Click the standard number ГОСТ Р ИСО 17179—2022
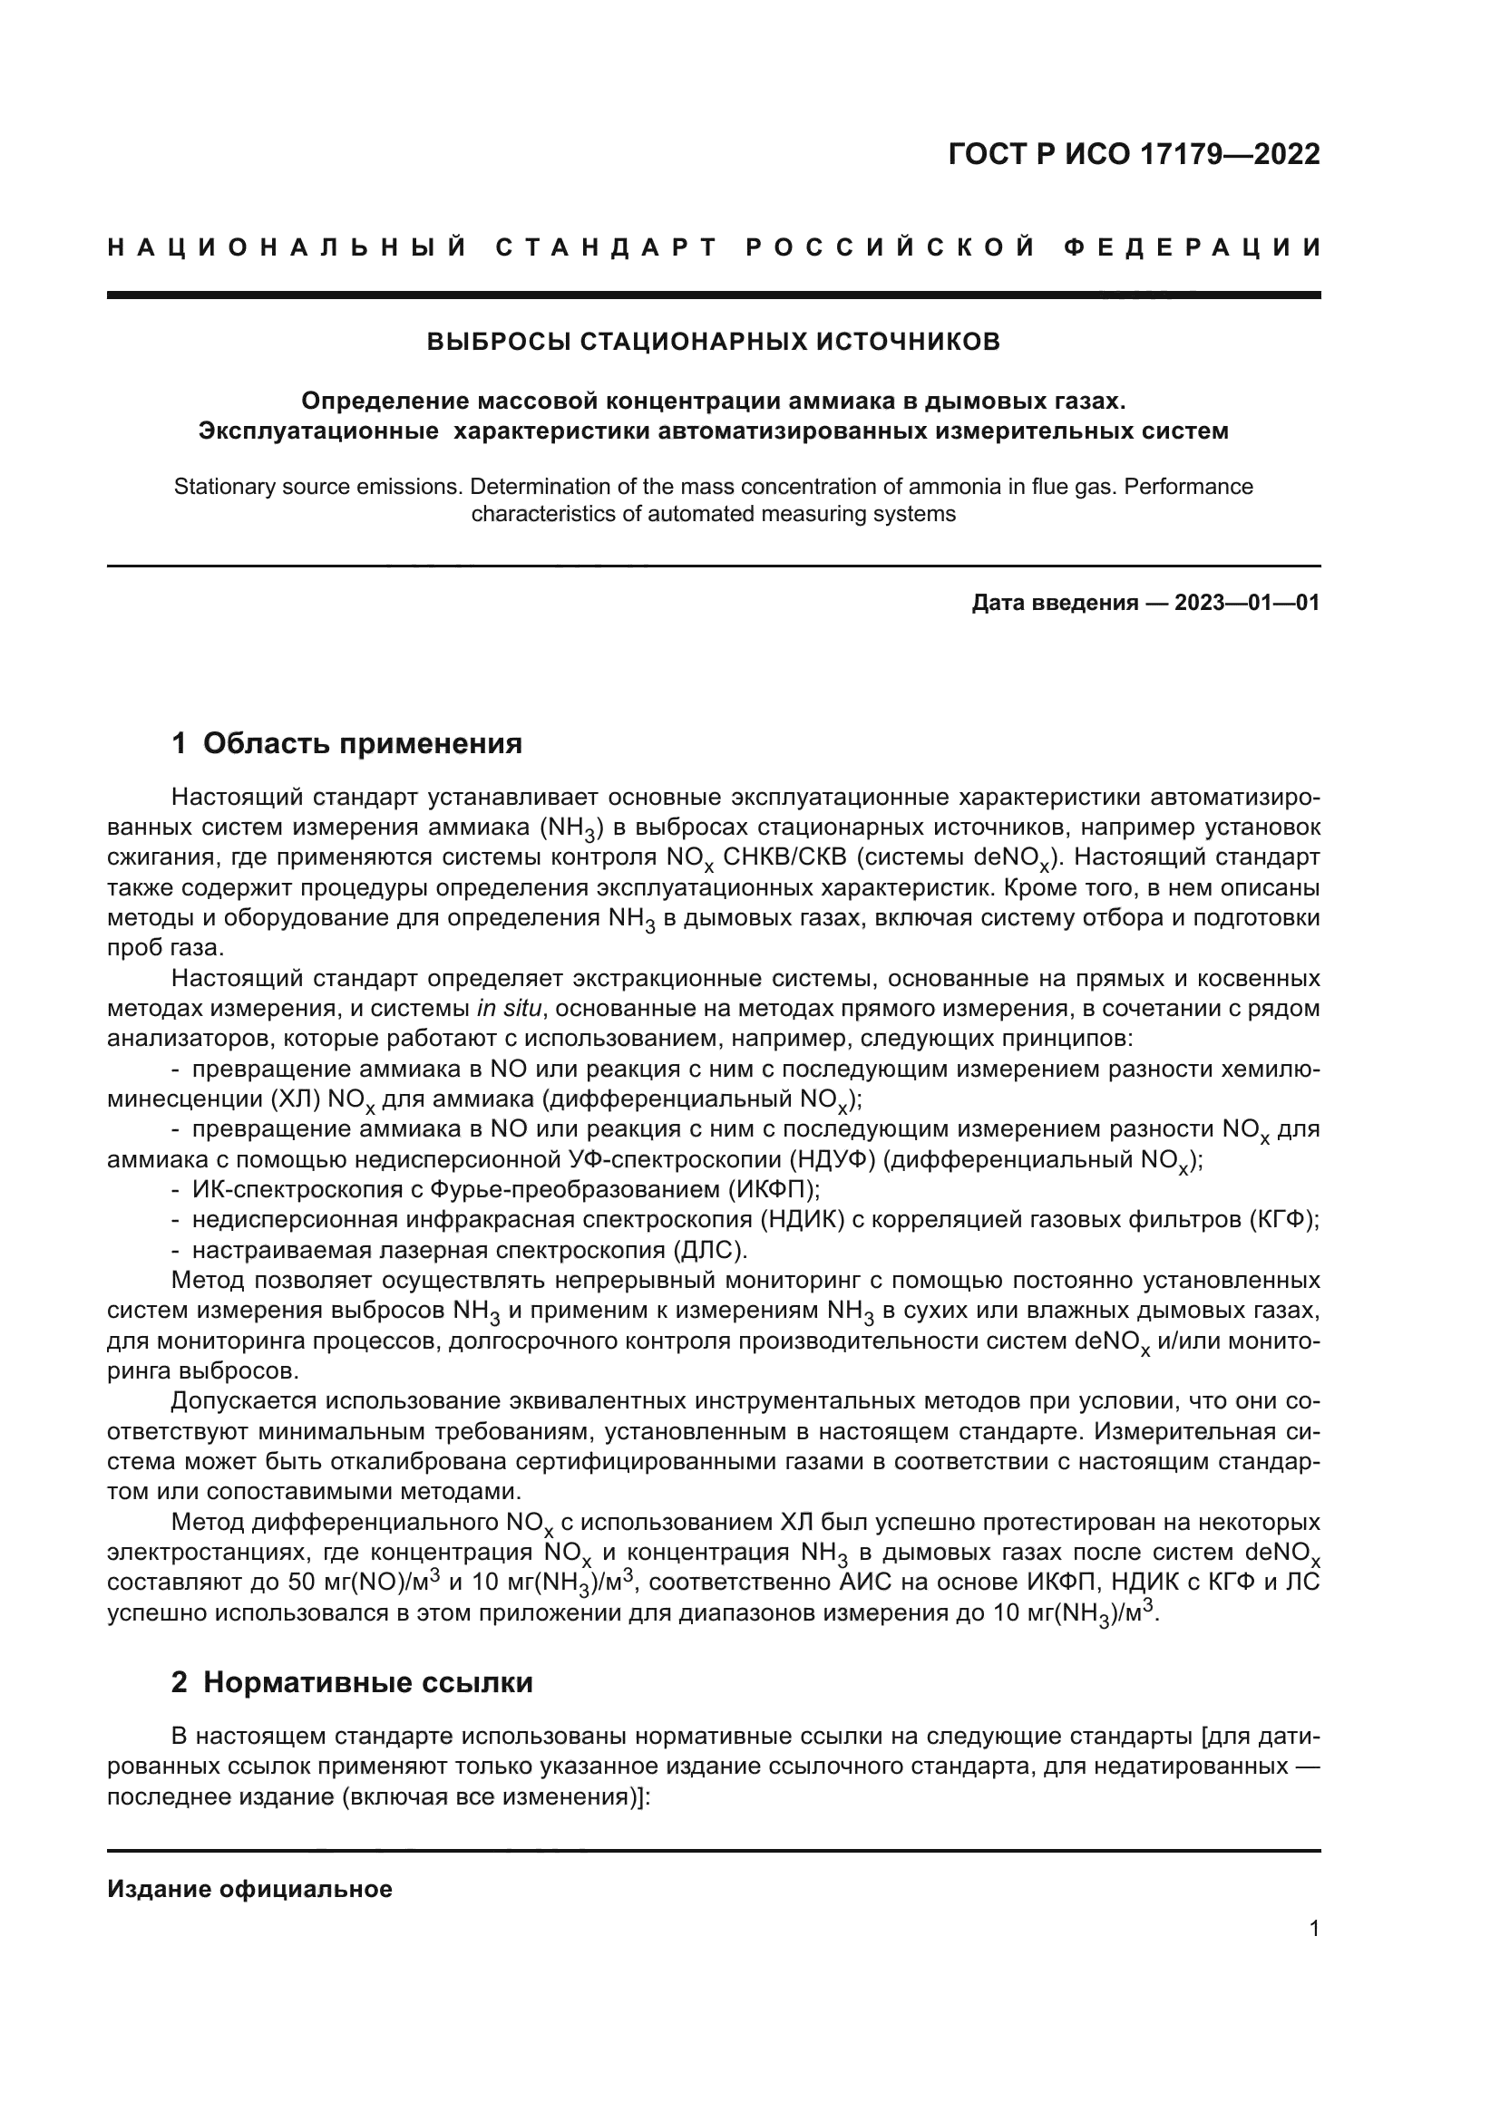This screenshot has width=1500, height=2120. click(x=1134, y=154)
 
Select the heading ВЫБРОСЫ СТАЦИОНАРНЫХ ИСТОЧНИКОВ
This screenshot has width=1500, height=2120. click(x=713, y=343)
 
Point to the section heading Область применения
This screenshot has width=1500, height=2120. click(x=362, y=743)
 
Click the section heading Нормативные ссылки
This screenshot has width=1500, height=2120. click(x=367, y=1682)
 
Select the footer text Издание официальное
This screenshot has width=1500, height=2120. click(x=249, y=1882)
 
